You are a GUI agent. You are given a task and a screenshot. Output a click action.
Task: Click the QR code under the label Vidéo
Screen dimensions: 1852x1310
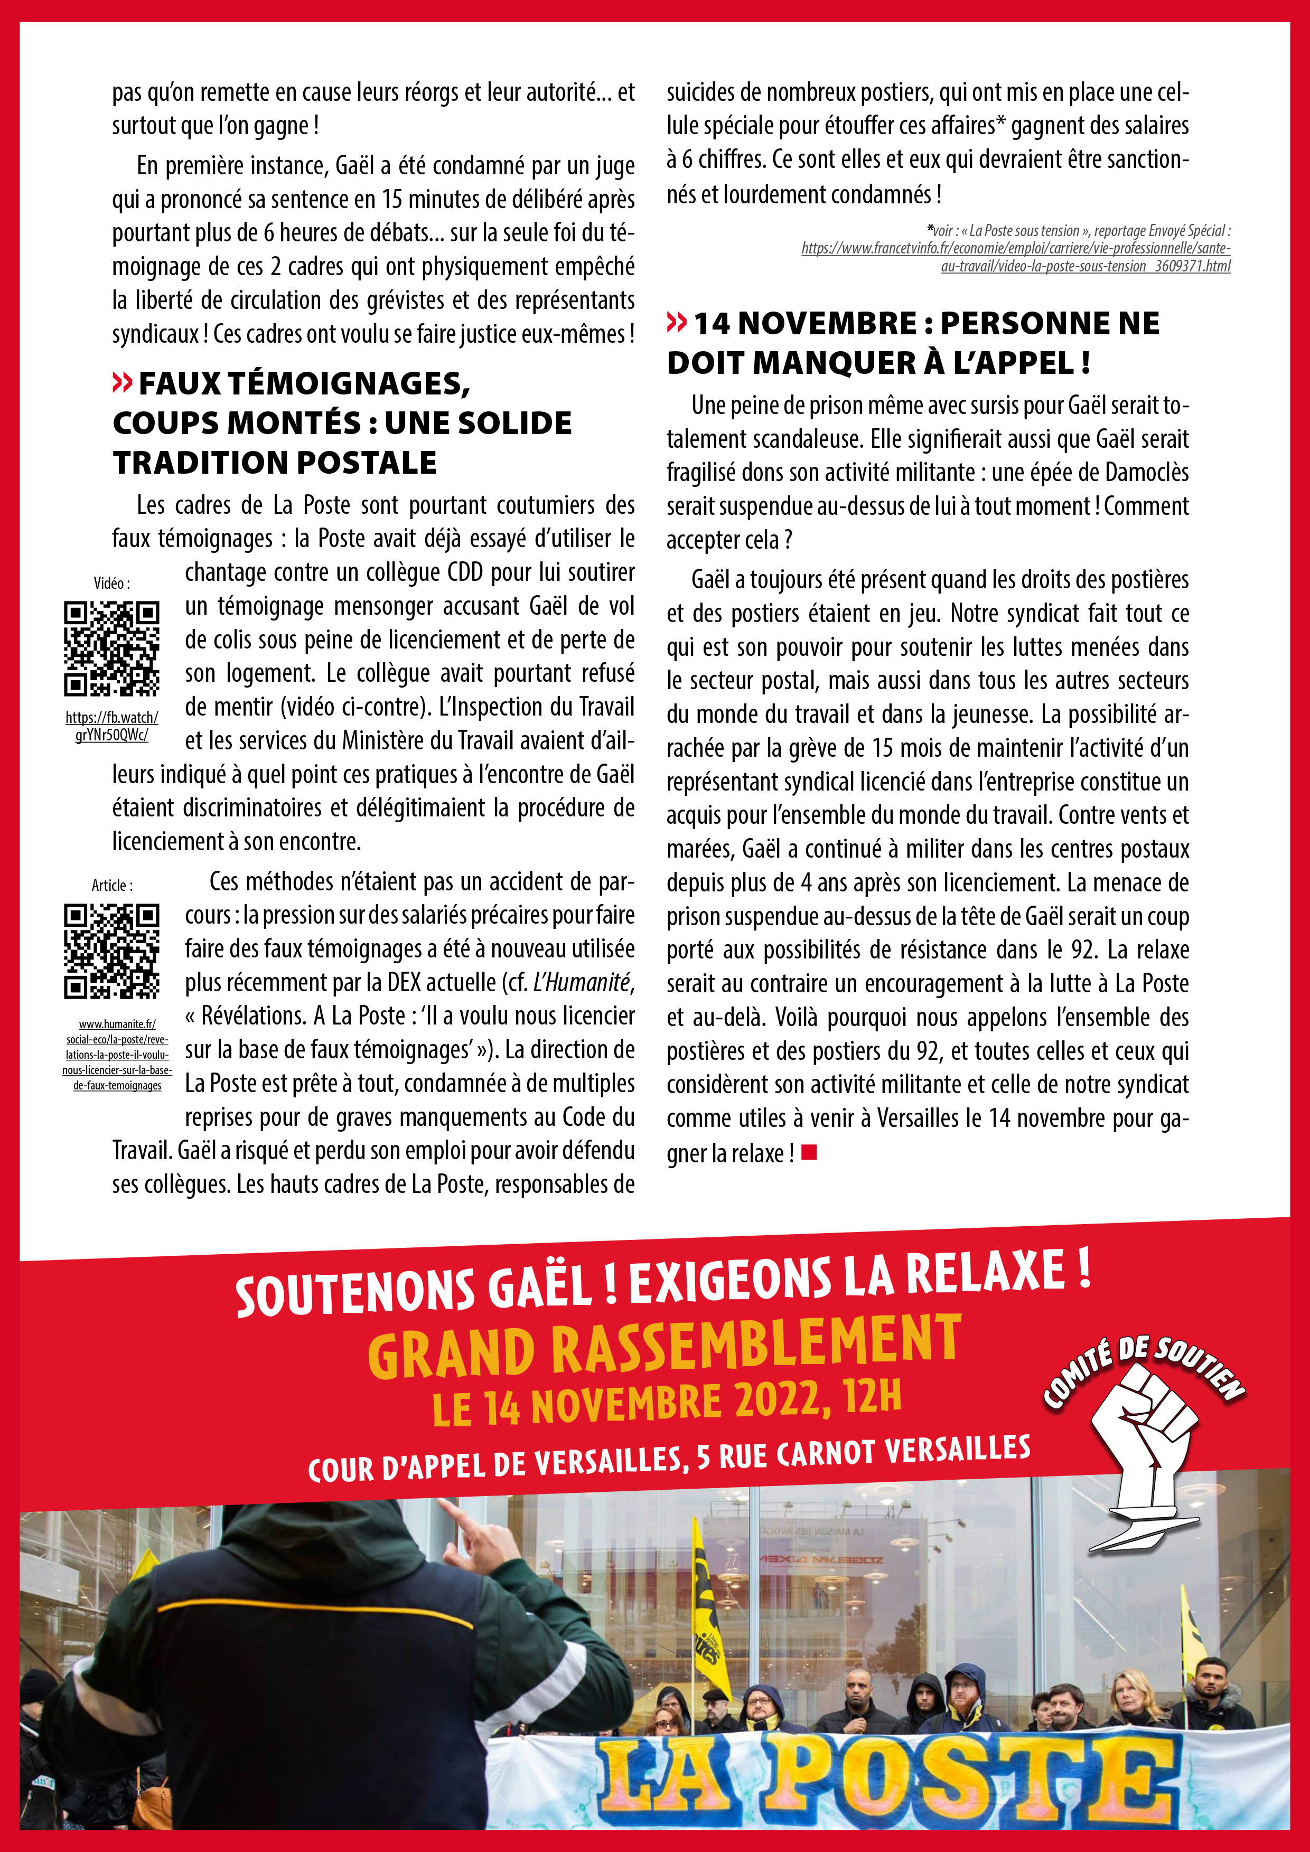point(111,648)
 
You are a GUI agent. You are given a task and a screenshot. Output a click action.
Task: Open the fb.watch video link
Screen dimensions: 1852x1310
point(111,726)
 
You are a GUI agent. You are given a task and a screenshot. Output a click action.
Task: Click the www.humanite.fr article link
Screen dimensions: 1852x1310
point(117,1054)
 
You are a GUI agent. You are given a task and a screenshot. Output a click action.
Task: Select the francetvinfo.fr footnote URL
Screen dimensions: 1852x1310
point(1016,257)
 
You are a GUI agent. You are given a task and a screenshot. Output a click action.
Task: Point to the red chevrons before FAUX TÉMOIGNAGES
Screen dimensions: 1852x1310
point(122,383)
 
